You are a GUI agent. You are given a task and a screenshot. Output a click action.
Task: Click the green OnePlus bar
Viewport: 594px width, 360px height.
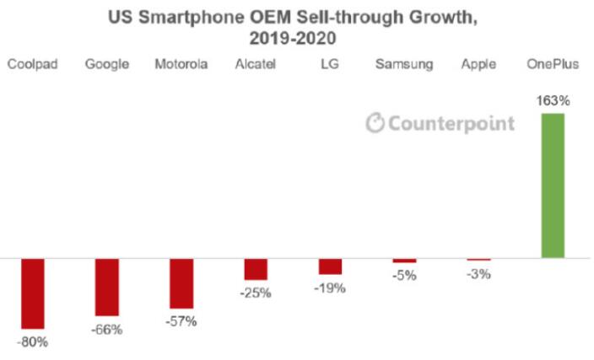click(x=552, y=185)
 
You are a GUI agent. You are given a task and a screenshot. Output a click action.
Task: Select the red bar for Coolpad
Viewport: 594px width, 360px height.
click(x=33, y=293)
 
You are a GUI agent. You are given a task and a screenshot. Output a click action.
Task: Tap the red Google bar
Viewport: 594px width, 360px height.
click(x=107, y=287)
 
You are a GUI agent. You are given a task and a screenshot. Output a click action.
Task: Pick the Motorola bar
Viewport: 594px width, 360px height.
click(x=181, y=282)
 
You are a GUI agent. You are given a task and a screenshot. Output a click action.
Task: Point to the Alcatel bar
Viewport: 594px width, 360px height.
click(x=256, y=268)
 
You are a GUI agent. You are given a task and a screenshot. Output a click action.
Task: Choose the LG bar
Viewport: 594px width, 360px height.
click(x=330, y=266)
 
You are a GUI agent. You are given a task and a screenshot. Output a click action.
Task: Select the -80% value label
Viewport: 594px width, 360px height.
click(x=33, y=342)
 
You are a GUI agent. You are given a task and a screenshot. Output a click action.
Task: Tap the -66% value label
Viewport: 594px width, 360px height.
click(x=107, y=330)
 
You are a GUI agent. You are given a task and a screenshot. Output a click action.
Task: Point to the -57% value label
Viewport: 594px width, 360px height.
click(x=181, y=321)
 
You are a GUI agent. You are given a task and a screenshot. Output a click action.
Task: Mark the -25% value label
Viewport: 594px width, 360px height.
click(x=256, y=293)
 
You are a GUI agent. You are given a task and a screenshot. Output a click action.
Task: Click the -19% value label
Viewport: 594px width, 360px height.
click(x=330, y=287)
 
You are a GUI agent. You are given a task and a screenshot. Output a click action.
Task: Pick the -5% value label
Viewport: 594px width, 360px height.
click(x=404, y=275)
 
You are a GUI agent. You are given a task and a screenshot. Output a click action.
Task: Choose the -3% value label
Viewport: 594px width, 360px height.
click(x=478, y=273)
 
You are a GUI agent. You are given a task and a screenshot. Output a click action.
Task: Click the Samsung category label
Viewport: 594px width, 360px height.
click(x=405, y=64)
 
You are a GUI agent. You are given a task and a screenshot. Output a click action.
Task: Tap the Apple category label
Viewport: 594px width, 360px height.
click(x=478, y=64)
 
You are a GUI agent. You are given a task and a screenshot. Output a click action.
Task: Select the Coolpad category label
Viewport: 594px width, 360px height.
click(x=33, y=64)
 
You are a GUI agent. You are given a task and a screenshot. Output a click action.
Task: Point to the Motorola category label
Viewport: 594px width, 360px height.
click(x=181, y=64)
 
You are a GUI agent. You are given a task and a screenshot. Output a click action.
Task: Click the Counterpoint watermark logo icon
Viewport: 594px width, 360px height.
click(x=375, y=123)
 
